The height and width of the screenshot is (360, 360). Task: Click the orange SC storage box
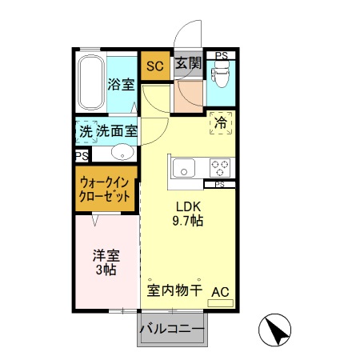[x=155, y=66]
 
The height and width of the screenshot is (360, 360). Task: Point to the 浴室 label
[x=121, y=84]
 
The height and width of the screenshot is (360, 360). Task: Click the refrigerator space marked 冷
[x=220, y=124]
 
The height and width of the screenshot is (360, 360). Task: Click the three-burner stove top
[x=220, y=167]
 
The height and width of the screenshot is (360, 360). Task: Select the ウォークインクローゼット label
[x=105, y=189]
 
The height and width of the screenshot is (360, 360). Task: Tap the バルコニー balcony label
[x=172, y=329]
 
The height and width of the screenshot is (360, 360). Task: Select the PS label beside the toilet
[x=220, y=56]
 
